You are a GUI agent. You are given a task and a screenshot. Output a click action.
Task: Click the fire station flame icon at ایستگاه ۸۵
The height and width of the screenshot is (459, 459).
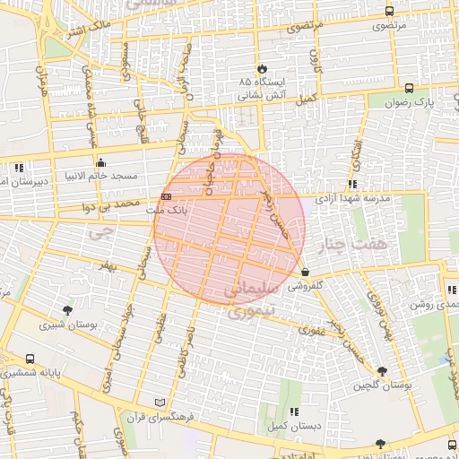[261, 68]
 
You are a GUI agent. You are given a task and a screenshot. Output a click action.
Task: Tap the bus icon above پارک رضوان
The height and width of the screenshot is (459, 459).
[410, 89]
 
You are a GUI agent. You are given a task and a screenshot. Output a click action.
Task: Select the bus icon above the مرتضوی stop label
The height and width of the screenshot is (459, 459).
[388, 12]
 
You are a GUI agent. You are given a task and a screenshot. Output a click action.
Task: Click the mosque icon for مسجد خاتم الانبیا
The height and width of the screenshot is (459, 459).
[100, 162]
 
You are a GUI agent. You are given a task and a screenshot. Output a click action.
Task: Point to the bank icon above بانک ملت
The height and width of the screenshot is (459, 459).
[166, 196]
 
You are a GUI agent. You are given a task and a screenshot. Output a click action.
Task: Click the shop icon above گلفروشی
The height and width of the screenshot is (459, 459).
[306, 273]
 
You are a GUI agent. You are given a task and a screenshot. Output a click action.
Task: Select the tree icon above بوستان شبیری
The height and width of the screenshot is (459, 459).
[67, 310]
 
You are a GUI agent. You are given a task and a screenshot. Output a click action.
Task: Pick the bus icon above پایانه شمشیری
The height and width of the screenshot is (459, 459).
[30, 359]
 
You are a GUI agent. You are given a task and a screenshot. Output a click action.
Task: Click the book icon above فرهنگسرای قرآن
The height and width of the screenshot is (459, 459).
[160, 403]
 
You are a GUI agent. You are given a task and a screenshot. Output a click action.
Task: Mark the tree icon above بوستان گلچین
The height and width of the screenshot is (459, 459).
[383, 371]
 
